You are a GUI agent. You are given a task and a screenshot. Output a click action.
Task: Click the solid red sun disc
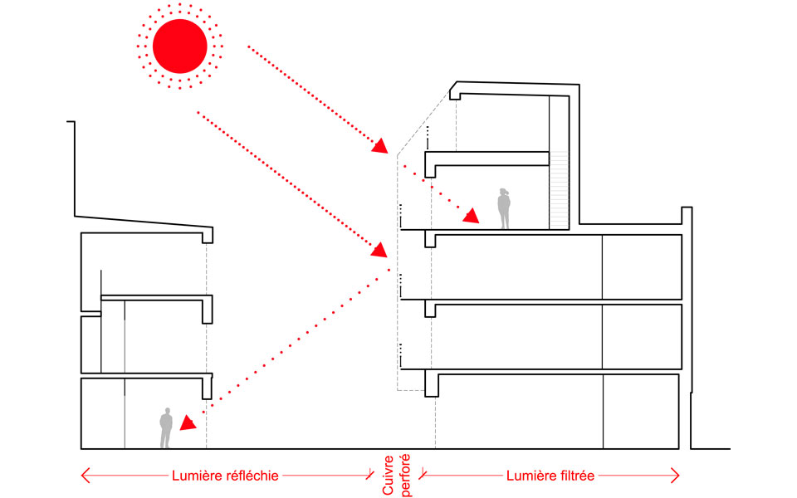(x=179, y=45)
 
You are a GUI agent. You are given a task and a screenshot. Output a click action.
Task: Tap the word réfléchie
(x=248, y=476)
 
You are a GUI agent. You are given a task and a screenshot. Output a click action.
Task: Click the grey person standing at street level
(x=166, y=428)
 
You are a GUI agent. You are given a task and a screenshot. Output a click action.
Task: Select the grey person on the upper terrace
(x=503, y=208)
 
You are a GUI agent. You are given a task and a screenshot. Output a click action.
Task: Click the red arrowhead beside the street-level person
(x=188, y=422)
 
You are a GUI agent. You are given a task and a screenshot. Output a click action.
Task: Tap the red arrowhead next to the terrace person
(x=472, y=217)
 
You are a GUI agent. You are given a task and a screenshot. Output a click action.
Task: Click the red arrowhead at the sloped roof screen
(x=380, y=147)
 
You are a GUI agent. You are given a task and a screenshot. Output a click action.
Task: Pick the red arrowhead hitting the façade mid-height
(x=380, y=248)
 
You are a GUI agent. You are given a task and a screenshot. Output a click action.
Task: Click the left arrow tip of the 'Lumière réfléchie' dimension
(x=83, y=476)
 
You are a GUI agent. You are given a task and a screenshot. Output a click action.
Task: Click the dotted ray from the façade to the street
(x=291, y=340)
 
